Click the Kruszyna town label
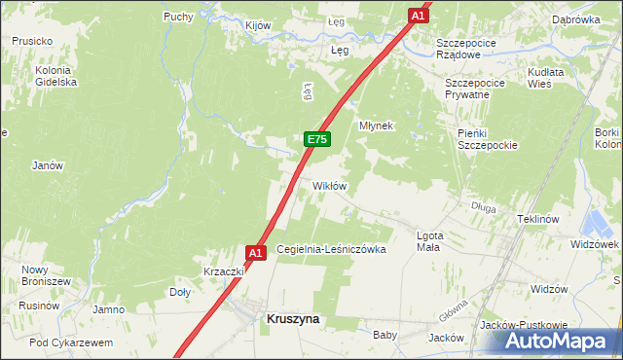pos(293,318)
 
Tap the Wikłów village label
pos(329,185)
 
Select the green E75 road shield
pos(316,140)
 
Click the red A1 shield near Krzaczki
pos(255,253)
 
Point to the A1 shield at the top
pos(418,16)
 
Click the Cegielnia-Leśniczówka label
pos(331,250)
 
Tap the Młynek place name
pos(376,126)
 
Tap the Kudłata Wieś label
pos(553,79)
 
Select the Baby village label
pos(385,335)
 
